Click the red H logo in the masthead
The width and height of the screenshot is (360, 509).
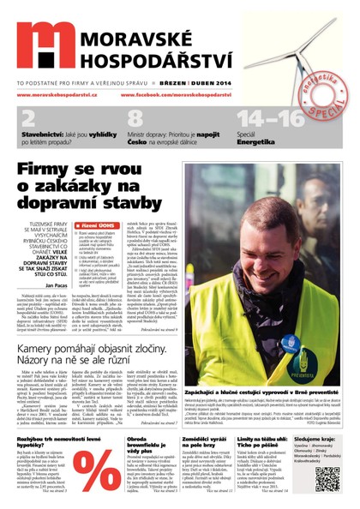(x=44, y=45)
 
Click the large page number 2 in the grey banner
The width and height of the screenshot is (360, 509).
(x=29, y=118)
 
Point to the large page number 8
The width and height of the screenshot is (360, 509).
(x=135, y=118)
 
